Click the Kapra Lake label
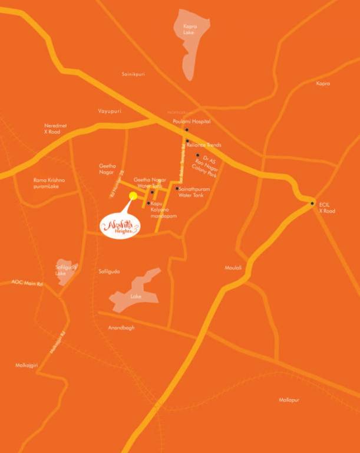pos(190,30)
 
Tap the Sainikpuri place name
pos(133,74)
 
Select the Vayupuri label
pos(109,111)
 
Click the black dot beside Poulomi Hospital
pos(187,129)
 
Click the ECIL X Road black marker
pos(312,203)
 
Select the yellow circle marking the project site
pos(133,196)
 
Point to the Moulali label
pos(233,268)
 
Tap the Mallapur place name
pos(289,400)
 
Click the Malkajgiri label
pos(27,366)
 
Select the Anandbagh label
pos(121,327)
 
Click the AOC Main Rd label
pos(27,283)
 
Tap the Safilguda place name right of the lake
pos(109,271)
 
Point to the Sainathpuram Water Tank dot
pos(177,189)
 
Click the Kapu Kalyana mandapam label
pos(163,210)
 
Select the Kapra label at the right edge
pos(323,84)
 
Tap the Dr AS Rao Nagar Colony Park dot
pos(198,155)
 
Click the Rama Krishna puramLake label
pos(49,183)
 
